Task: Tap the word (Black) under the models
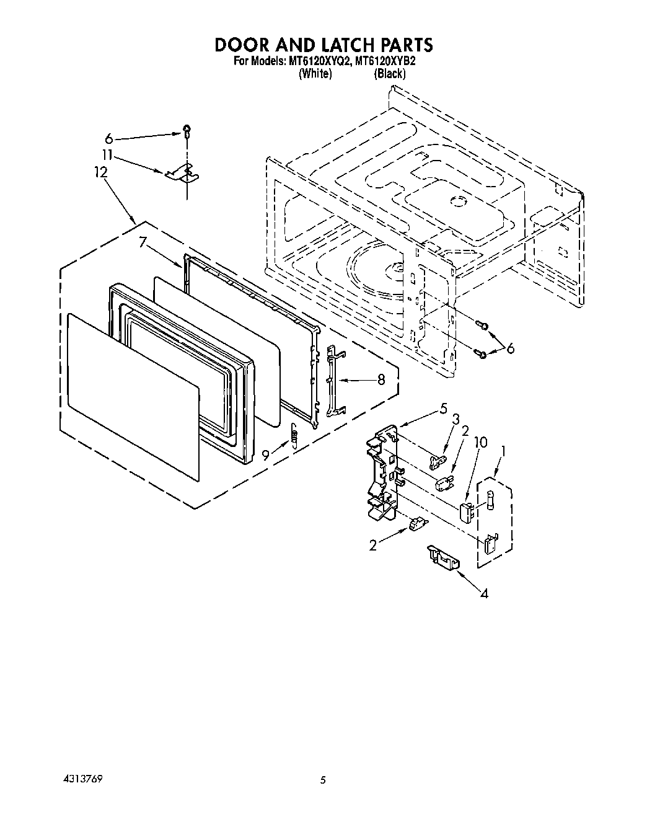coord(389,74)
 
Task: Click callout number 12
coord(101,173)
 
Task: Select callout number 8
coord(381,379)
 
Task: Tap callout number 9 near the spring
coord(265,454)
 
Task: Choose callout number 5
coord(443,409)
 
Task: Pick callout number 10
coord(480,443)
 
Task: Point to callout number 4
coord(484,594)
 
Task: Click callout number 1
coord(504,452)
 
